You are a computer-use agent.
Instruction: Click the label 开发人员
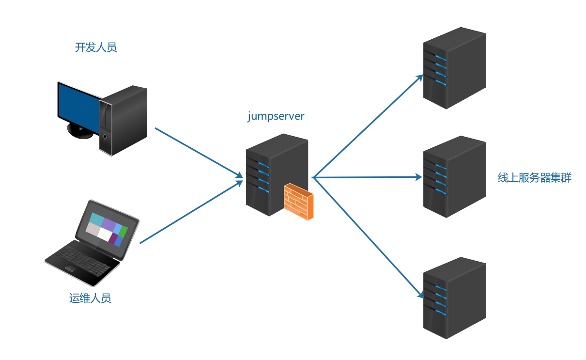click(x=96, y=47)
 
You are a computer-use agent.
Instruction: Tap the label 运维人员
click(x=90, y=298)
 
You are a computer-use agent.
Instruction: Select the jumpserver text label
click(x=276, y=116)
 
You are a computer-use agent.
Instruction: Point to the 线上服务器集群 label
click(x=535, y=178)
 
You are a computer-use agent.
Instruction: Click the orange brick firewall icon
click(x=298, y=202)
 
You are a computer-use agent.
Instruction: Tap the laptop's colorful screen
click(x=107, y=228)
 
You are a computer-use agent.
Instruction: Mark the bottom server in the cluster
click(x=454, y=298)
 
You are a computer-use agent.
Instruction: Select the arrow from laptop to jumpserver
click(x=191, y=212)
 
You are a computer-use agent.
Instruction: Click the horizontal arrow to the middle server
click(x=368, y=177)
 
